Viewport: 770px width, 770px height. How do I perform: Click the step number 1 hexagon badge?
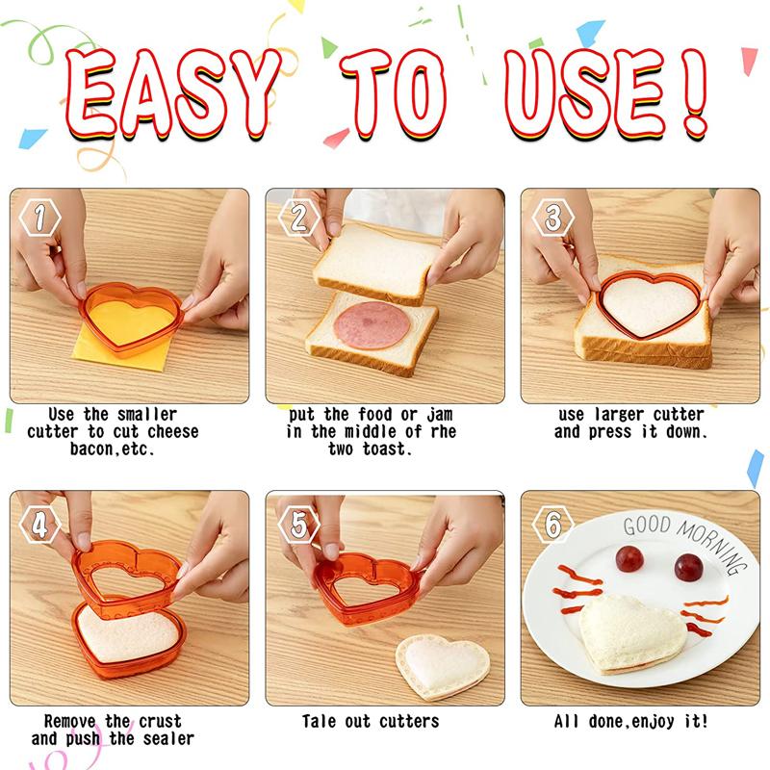[39, 218]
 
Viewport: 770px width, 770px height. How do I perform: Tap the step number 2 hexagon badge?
[296, 218]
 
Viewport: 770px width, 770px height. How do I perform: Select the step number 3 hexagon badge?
[552, 218]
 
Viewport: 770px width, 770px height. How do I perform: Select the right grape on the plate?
[688, 567]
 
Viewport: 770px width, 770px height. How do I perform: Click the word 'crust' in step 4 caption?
[158, 721]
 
